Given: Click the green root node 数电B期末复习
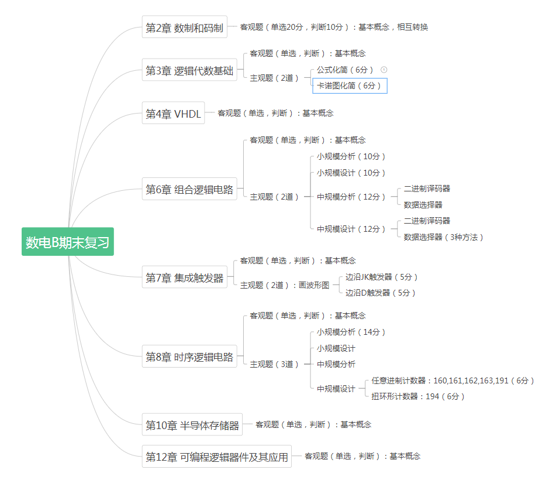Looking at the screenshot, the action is [68, 242].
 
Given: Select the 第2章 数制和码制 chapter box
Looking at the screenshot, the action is [184, 28].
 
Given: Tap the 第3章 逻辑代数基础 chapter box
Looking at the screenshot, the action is [189, 71].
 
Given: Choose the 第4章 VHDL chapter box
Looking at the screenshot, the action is [173, 114].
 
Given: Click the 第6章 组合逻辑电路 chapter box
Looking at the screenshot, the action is [189, 189].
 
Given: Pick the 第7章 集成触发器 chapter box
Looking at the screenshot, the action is [184, 278].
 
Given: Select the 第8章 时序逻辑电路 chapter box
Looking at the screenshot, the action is [189, 356].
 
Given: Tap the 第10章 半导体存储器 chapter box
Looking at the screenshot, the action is [192, 426].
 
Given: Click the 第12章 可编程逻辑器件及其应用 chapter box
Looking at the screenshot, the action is [217, 457].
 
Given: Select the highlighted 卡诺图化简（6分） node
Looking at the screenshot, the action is [350, 86].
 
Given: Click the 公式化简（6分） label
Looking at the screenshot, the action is [345, 70].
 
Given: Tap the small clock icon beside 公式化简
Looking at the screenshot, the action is [384, 70].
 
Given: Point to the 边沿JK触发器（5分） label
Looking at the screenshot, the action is [382, 277].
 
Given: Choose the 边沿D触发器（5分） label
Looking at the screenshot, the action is [380, 293].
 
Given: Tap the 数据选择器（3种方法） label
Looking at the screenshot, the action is [443, 237].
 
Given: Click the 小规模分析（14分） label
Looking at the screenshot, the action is [351, 332].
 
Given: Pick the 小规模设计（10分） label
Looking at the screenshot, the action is [351, 173].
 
